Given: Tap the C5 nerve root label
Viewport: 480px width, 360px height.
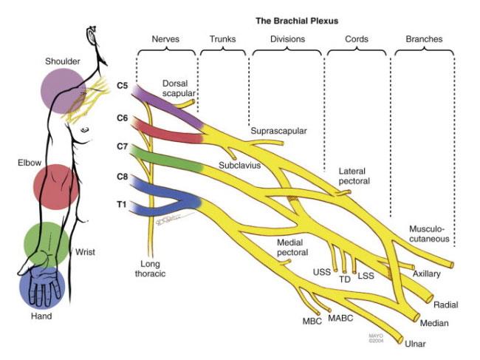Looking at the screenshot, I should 123,85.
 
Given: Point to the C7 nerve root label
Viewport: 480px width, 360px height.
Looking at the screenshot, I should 123,147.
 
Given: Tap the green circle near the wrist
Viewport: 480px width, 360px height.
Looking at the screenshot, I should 47,242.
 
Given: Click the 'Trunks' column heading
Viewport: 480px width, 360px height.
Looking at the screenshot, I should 223,38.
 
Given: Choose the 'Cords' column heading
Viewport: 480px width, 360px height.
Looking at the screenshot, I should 357,38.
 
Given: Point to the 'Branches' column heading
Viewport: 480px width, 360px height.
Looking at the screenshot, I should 425,38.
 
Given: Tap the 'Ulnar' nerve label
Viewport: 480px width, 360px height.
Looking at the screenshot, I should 415,344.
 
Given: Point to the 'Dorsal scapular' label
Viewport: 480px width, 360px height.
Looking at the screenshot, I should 180,90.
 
